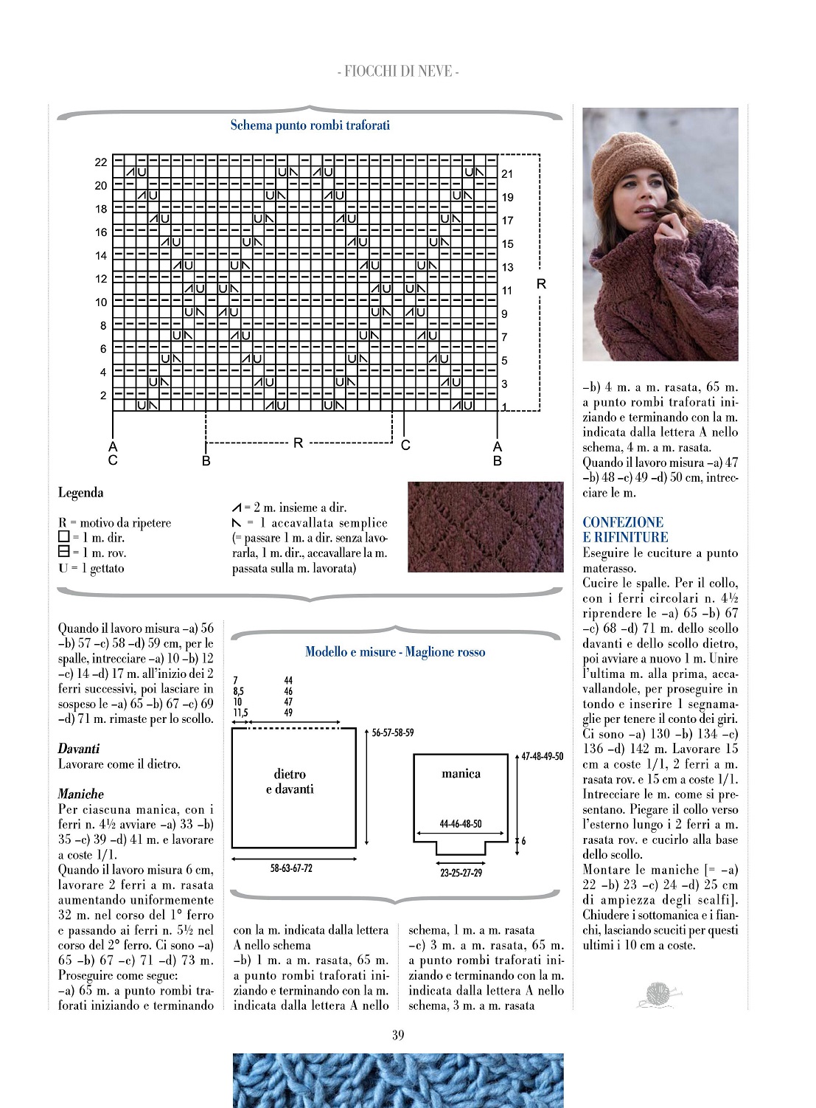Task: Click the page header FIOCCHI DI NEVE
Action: click(x=398, y=72)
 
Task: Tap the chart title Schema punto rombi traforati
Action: click(x=310, y=125)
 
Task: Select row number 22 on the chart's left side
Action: click(x=101, y=162)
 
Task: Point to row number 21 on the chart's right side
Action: click(x=507, y=174)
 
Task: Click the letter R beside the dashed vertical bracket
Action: click(x=541, y=284)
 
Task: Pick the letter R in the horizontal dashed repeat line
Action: click(x=298, y=443)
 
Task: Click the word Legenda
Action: click(x=80, y=493)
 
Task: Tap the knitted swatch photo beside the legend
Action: click(x=485, y=527)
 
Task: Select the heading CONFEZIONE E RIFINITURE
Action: click(x=625, y=530)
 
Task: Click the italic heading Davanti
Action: click(x=79, y=749)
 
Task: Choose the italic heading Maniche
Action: click(x=81, y=794)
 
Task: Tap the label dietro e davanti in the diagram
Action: click(x=290, y=781)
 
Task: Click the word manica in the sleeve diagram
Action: click(x=461, y=774)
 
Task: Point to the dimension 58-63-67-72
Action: click(x=291, y=868)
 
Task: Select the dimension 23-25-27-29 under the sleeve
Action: click(x=461, y=873)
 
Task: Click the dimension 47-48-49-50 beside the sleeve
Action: click(x=542, y=756)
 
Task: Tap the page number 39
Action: click(x=398, y=1035)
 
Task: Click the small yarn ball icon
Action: click(x=658, y=994)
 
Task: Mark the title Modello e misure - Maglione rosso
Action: click(x=395, y=652)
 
